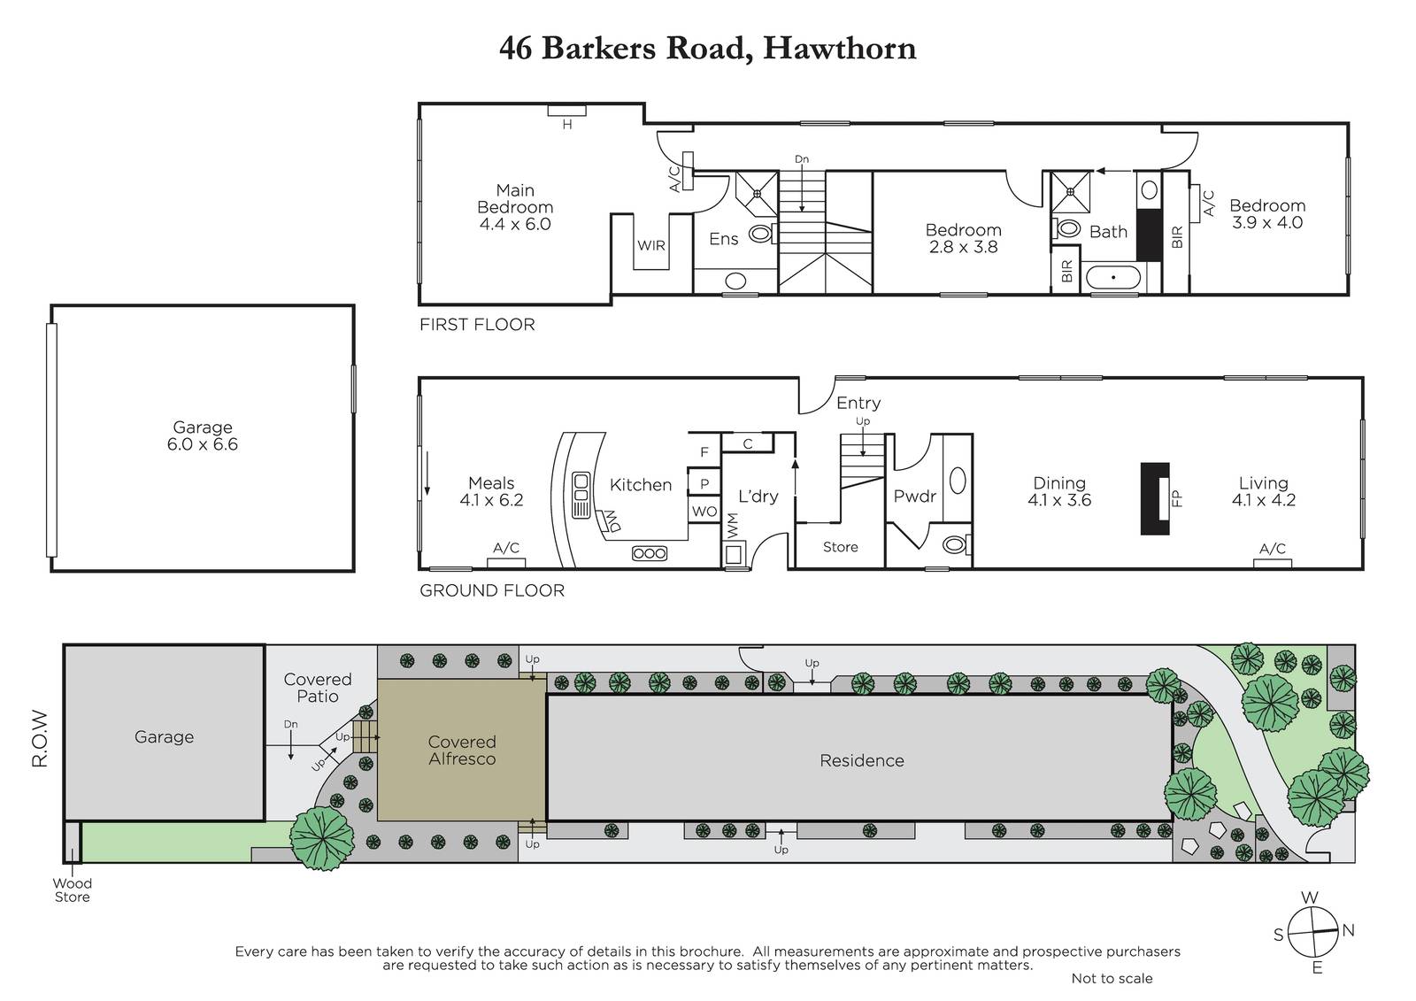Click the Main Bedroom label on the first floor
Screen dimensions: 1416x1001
point(515,207)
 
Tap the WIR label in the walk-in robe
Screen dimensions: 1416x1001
point(651,245)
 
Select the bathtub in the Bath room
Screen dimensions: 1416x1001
point(1113,277)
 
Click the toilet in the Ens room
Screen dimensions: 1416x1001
point(762,234)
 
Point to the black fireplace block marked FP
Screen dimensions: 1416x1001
point(1155,498)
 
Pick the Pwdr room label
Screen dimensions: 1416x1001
point(914,497)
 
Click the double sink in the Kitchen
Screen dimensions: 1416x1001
point(581,495)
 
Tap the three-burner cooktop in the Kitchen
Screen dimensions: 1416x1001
point(650,553)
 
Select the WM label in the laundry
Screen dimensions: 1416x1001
point(732,526)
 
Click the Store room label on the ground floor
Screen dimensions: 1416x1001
point(840,547)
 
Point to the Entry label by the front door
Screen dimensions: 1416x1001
point(858,403)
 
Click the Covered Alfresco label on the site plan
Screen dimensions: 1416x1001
point(462,750)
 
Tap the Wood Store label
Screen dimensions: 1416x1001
point(72,889)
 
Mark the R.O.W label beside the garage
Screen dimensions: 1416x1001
point(40,738)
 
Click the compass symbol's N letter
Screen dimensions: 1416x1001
point(1349,930)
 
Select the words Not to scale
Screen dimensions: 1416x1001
point(1112,978)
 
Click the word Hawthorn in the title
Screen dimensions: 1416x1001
point(840,49)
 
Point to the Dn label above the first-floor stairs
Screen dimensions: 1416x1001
point(802,159)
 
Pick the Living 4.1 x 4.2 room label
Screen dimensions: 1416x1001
point(1264,491)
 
